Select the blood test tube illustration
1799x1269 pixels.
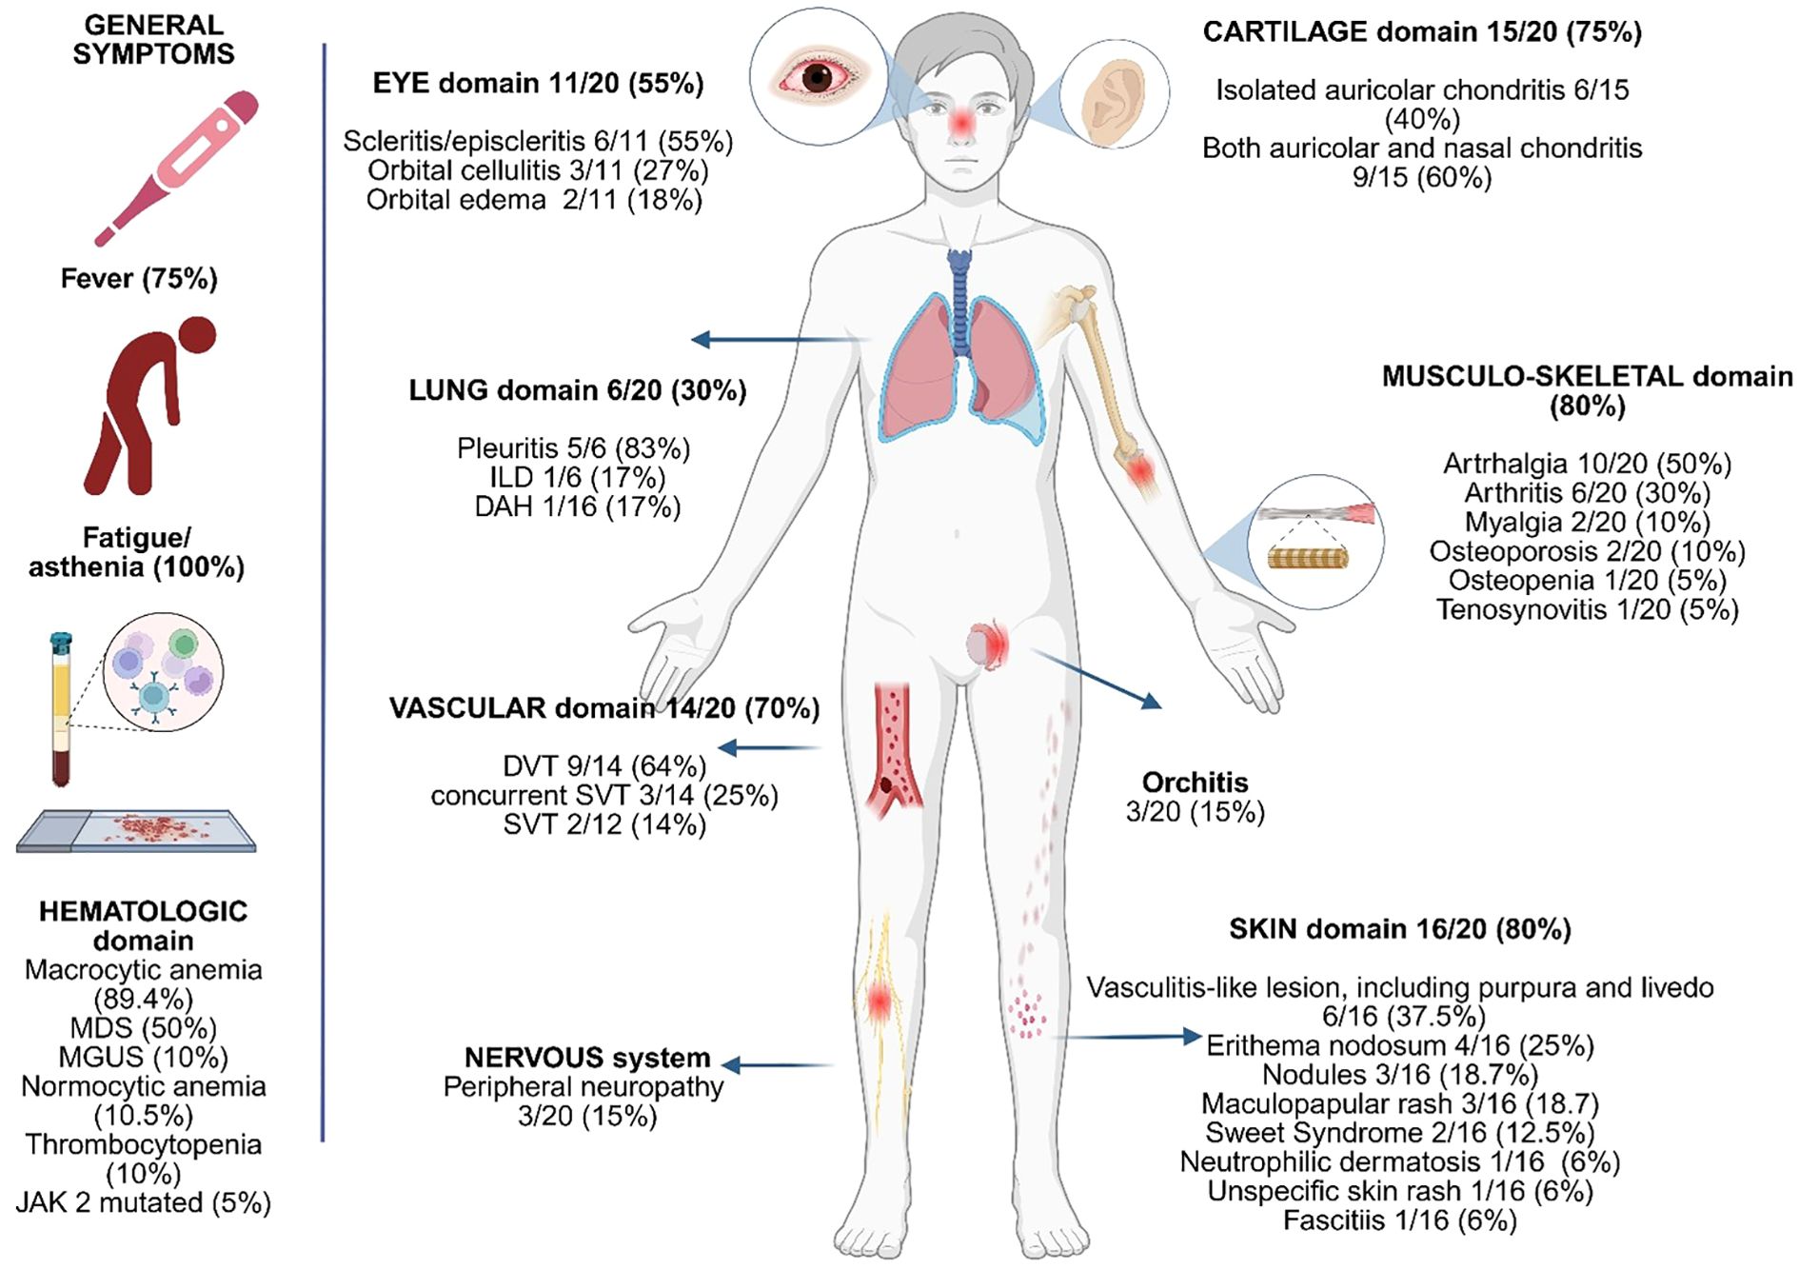[x=61, y=709]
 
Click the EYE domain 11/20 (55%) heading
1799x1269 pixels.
[x=538, y=84]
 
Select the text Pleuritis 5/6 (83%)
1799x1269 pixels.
[x=573, y=448]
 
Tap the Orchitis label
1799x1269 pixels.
[x=1195, y=783]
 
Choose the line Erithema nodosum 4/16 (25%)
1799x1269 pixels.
[x=1399, y=1045]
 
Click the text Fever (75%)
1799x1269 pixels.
[x=139, y=279]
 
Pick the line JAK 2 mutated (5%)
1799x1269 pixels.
[x=144, y=1202]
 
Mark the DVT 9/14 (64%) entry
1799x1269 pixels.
[x=604, y=765]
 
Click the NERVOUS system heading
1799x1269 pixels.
[x=586, y=1058]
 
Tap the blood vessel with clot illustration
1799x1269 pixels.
[x=893, y=752]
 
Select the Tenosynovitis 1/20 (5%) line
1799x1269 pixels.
[x=1587, y=609]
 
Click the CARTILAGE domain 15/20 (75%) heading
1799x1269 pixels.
[x=1422, y=32]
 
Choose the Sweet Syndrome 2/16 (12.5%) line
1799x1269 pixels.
[x=1399, y=1133]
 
